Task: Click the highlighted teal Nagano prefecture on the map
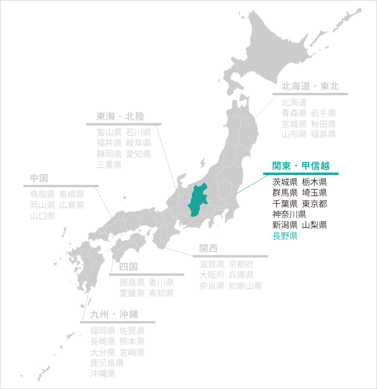(198, 200)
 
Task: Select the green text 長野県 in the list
(285, 236)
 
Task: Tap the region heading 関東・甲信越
(301, 166)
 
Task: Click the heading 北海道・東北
(310, 86)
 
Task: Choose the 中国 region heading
(39, 178)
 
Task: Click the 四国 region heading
(128, 267)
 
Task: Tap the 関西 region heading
(208, 248)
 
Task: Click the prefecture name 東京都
(314, 204)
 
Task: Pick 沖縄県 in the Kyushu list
(103, 374)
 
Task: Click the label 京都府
(241, 264)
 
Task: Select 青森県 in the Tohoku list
(294, 113)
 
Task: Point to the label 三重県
(109, 165)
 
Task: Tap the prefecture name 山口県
(42, 216)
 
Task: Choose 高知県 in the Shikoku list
(161, 293)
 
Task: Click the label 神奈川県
(289, 215)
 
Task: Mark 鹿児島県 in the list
(107, 363)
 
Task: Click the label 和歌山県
(245, 286)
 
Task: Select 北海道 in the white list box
(294, 102)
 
